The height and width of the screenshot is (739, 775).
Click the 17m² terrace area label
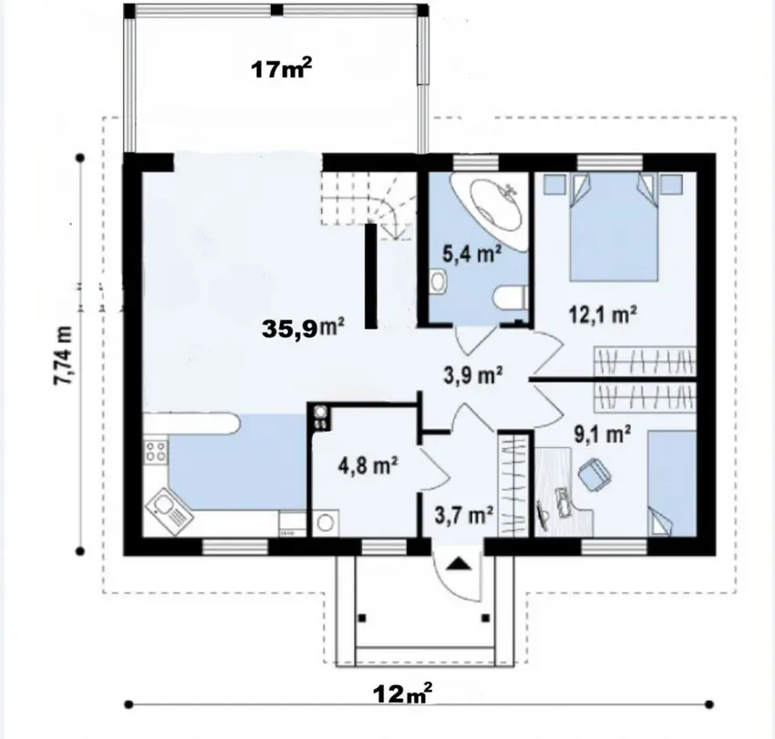tap(282, 68)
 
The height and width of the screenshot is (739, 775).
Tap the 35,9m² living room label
tap(303, 328)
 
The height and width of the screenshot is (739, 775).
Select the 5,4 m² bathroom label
tap(472, 254)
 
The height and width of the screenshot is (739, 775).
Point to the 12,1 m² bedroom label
tap(603, 314)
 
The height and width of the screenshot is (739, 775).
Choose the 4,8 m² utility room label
tap(368, 465)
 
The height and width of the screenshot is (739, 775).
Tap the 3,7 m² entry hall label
tap(464, 515)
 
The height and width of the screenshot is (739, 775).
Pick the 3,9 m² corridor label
tap(473, 374)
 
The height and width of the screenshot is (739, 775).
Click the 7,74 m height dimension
tap(63, 355)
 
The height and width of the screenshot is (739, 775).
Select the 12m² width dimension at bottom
tap(403, 693)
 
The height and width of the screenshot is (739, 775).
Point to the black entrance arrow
tap(460, 564)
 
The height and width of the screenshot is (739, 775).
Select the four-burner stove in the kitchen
tap(155, 451)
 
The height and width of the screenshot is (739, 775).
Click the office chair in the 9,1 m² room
tap(594, 474)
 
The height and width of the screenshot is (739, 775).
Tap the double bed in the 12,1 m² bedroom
tap(614, 227)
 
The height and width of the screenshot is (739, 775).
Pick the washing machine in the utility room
tap(325, 523)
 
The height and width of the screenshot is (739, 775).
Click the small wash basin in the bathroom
tap(438, 281)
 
